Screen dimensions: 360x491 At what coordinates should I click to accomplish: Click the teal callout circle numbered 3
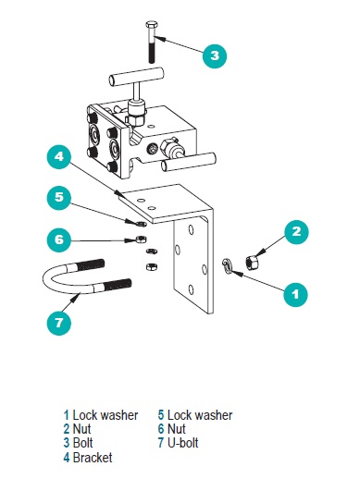[x=215, y=55]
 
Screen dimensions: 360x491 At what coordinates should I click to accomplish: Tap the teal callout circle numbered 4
[x=59, y=156]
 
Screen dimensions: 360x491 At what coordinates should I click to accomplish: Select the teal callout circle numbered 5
[x=59, y=197]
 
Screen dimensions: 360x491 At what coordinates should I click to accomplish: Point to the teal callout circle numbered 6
[x=59, y=239]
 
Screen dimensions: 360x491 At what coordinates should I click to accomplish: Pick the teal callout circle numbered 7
[x=59, y=323]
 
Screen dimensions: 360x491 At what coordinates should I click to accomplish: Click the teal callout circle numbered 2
[x=296, y=231]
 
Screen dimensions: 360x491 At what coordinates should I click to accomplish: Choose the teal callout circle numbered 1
[x=295, y=294]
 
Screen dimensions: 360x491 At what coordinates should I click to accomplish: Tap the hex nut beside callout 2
[x=252, y=263]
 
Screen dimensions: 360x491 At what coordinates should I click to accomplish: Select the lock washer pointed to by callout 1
[x=227, y=266]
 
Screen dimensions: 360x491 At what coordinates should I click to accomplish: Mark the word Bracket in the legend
[x=93, y=458]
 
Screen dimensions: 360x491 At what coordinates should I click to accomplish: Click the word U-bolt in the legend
[x=182, y=443]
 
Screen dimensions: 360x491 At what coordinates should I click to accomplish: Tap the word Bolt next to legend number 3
[x=82, y=443]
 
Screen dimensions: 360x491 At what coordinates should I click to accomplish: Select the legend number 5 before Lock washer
[x=161, y=415]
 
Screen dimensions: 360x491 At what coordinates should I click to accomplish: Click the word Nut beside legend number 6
[x=177, y=429]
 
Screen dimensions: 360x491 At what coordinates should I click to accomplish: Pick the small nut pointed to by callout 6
[x=141, y=239]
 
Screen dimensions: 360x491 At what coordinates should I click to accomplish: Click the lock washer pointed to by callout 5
[x=142, y=223]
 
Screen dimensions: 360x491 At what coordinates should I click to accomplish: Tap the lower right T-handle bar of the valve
[x=188, y=162]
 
